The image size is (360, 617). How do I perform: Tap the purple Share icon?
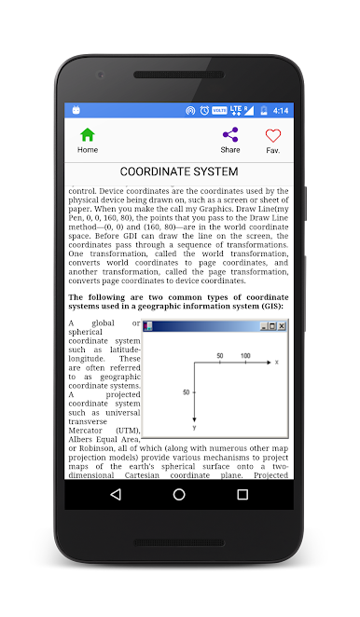pyautogui.click(x=230, y=134)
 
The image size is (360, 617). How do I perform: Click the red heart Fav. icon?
pyautogui.click(x=272, y=135)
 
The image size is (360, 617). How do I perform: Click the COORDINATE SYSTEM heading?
pyautogui.click(x=179, y=171)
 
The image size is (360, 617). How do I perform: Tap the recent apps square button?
pyautogui.click(x=242, y=494)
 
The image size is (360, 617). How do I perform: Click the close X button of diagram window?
pyautogui.click(x=282, y=326)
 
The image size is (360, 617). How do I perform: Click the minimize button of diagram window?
pyautogui.click(x=263, y=326)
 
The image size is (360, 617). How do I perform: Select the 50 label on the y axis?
pyautogui.click(x=186, y=392)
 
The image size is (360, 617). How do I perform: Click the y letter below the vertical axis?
pyautogui.click(x=194, y=428)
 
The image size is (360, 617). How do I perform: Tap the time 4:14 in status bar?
pyautogui.click(x=280, y=110)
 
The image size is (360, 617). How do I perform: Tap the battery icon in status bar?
pyautogui.click(x=264, y=110)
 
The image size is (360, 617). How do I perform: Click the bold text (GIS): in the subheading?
pyautogui.click(x=266, y=306)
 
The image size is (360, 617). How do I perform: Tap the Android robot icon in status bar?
pyautogui.click(x=76, y=110)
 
